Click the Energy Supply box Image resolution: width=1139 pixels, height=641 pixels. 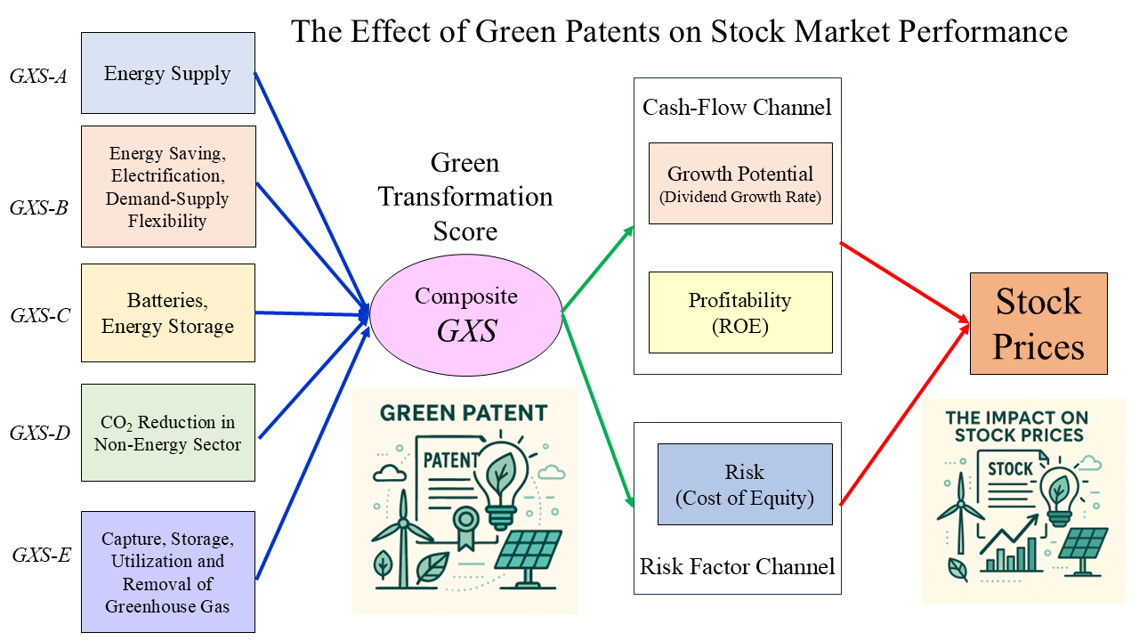tap(167, 73)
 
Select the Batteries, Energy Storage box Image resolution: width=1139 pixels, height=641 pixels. tap(167, 312)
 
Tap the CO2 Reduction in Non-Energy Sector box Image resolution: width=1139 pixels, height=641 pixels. tap(167, 433)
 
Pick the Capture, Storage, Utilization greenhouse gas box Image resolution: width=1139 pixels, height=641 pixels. tap(167, 572)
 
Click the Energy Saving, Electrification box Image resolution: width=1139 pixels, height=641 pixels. tap(167, 186)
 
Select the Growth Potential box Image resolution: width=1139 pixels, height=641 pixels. tap(740, 183)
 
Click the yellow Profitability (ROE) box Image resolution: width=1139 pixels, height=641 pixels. tap(740, 312)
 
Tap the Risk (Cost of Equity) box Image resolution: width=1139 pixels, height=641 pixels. tap(745, 484)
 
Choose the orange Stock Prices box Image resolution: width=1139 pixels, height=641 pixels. tap(1038, 323)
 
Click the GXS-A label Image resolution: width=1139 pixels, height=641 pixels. tap(38, 75)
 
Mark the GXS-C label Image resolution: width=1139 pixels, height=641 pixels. tap(38, 315)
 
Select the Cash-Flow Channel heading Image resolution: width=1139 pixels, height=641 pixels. tap(737, 108)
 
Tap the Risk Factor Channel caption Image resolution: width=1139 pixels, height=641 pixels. tap(737, 566)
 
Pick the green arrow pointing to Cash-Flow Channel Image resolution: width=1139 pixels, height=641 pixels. tap(598, 269)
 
